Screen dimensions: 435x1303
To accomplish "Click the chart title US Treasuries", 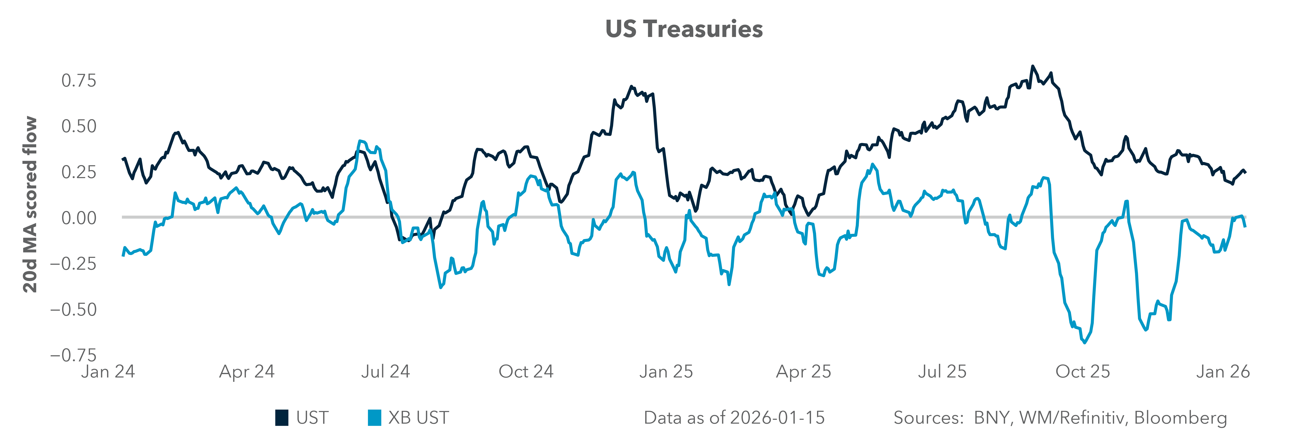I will point(684,29).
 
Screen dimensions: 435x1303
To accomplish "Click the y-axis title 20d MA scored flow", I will point(30,205).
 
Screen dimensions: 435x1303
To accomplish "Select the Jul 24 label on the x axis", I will point(385,372).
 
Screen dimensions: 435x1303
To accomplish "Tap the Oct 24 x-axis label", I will point(526,372).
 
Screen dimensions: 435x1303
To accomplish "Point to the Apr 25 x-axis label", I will point(804,372).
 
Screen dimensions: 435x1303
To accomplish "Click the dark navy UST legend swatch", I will point(282,418).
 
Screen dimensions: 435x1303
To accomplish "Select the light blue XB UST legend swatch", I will point(374,418).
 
